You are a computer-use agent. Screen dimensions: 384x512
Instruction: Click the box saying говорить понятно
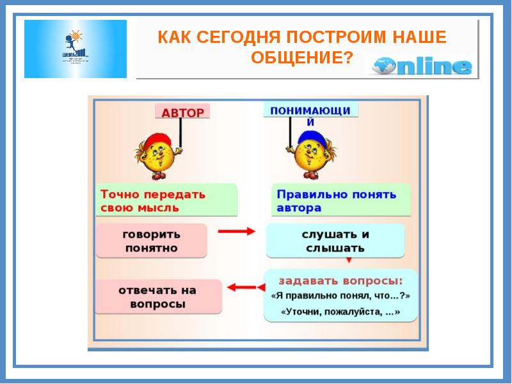[x=152, y=241]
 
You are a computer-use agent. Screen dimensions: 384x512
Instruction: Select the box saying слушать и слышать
[x=335, y=241]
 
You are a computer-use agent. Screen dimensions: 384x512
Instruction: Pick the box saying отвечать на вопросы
[x=158, y=297]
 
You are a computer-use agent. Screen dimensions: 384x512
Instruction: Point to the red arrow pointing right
[x=237, y=231]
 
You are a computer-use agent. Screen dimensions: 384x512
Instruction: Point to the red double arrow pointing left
[x=243, y=288]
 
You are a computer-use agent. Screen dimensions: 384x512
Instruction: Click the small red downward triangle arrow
[x=349, y=260]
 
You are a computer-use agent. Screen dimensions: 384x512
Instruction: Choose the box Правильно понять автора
[x=337, y=200]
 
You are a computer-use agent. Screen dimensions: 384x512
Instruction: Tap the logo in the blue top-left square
[x=76, y=49]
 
